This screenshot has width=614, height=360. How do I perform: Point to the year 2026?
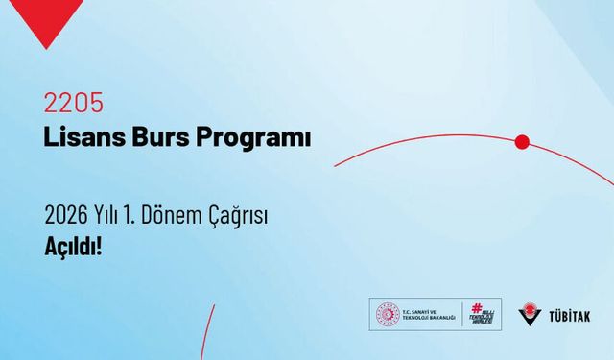coord(65,213)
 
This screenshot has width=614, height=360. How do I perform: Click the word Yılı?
coord(110,213)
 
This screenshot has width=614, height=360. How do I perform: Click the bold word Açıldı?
coord(73,246)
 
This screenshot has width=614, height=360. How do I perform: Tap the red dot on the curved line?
coord(522,142)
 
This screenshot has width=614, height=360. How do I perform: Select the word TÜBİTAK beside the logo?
coord(572,315)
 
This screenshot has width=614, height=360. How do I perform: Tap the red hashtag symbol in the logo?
coord(477,307)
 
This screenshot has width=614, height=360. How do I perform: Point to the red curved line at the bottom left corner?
coord(204,336)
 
